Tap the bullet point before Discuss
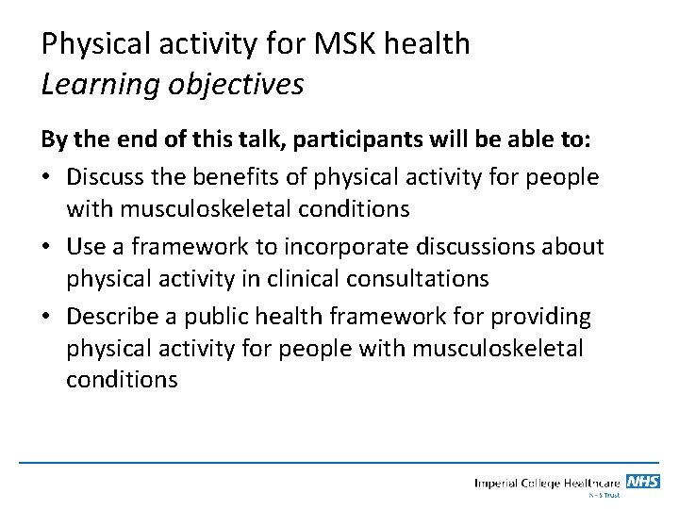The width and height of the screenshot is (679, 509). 46,175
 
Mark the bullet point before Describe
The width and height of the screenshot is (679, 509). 46,315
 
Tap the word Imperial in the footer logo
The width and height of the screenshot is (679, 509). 500,484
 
